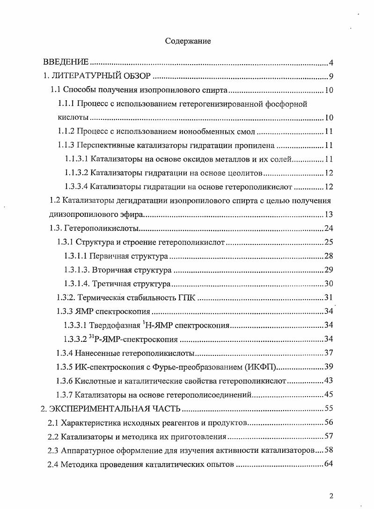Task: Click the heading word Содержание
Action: pyautogui.click(x=188, y=41)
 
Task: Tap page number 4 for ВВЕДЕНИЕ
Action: pyautogui.click(x=330, y=63)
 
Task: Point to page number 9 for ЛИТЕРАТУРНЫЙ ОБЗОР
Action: pyautogui.click(x=330, y=77)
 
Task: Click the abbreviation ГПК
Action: pyautogui.click(x=189, y=298)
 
